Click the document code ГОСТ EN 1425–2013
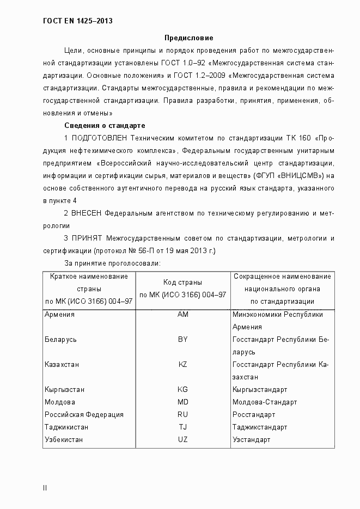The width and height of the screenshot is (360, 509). [x=78, y=22]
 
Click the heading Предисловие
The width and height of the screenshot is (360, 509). [x=189, y=38]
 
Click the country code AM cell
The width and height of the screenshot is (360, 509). [x=182, y=315]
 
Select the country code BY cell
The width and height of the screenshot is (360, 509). [x=182, y=340]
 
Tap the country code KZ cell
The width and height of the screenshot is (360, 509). [x=182, y=365]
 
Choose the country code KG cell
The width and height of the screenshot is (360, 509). [x=182, y=390]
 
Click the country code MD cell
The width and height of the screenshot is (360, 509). [x=182, y=402]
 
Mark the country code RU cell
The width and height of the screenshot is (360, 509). [x=182, y=415]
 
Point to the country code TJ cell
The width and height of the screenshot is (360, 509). [x=182, y=427]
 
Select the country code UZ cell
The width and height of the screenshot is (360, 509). [x=182, y=440]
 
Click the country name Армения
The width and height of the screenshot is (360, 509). [x=60, y=315]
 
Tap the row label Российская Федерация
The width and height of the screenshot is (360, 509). [x=84, y=415]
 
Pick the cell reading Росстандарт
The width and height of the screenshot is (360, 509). [x=254, y=415]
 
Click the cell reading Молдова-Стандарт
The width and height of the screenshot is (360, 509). [x=265, y=402]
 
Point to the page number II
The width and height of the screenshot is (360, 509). [x=45, y=488]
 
